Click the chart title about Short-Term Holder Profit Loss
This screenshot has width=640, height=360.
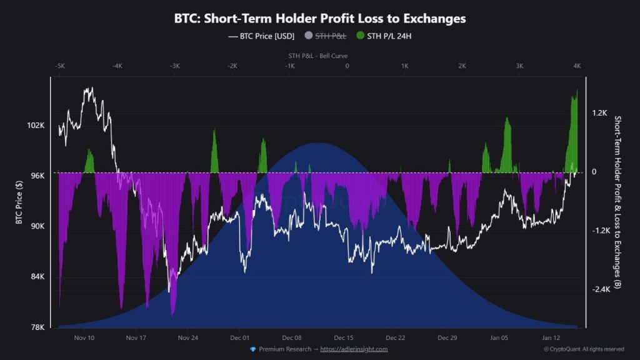pyautogui.click(x=319, y=19)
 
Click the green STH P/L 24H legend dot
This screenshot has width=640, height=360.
pyautogui.click(x=361, y=36)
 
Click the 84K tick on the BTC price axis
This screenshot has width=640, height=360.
pyautogui.click(x=36, y=277)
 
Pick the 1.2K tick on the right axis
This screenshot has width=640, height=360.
pyautogui.click(x=599, y=113)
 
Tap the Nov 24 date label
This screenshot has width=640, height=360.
pyautogui.click(x=188, y=338)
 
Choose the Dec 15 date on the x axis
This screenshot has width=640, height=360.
pyautogui.click(x=344, y=338)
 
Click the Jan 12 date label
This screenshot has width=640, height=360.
pyautogui.click(x=551, y=338)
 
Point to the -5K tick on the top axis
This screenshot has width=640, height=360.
pyautogui.click(x=59, y=66)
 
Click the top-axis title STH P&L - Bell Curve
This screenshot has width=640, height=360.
pyautogui.click(x=318, y=56)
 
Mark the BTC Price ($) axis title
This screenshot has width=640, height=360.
pyautogui.click(x=19, y=201)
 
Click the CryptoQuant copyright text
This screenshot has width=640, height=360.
pyautogui.click(x=583, y=349)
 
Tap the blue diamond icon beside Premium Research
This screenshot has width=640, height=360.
pyautogui.click(x=252, y=349)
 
